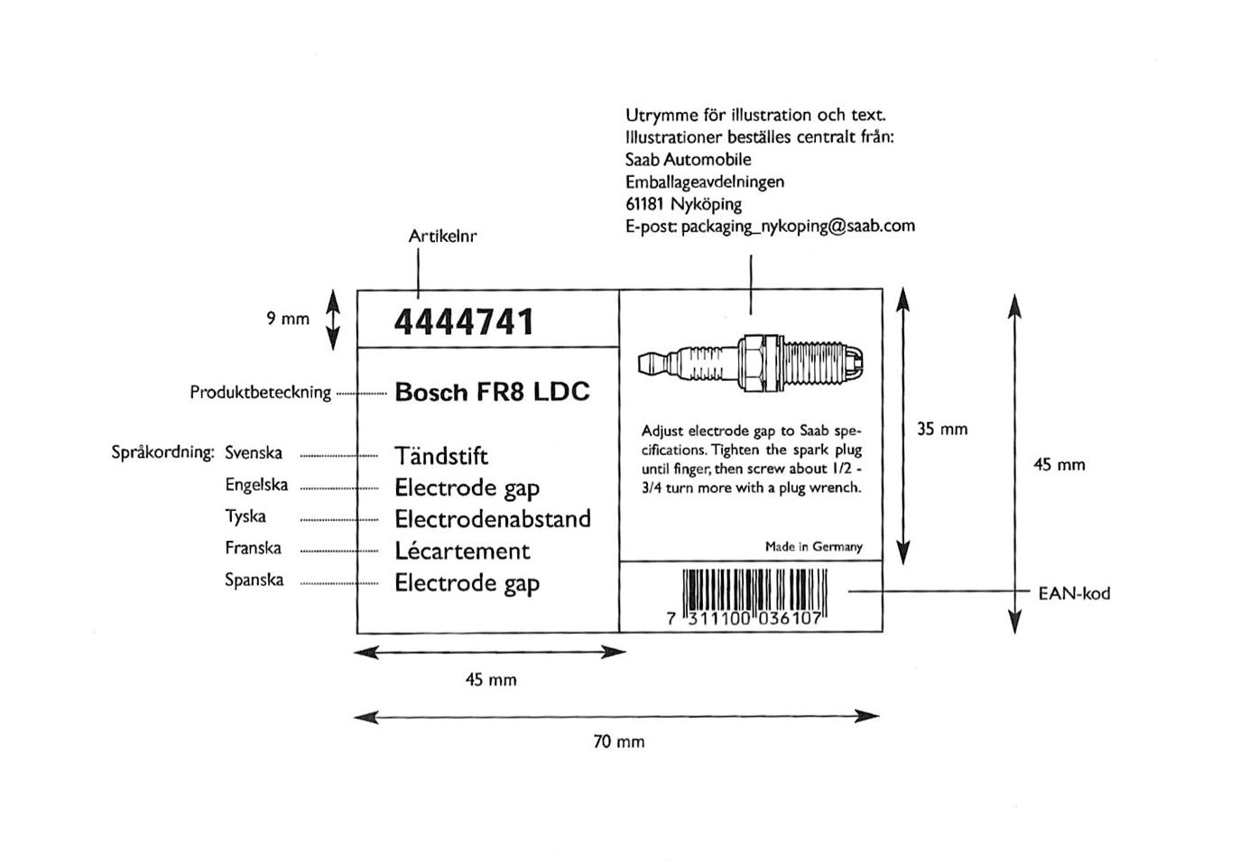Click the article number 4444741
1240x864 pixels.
pyautogui.click(x=464, y=322)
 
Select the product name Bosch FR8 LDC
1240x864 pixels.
pyautogui.click(x=492, y=392)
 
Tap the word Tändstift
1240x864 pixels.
pyautogui.click(x=441, y=456)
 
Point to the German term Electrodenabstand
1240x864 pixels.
pyautogui.click(x=493, y=519)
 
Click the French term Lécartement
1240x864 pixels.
pyautogui.click(x=462, y=551)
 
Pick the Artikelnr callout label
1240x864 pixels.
pyautogui.click(x=442, y=237)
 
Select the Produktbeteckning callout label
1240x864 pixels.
pyautogui.click(x=260, y=393)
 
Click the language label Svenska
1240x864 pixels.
pyautogui.click(x=254, y=453)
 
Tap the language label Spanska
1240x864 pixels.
pyautogui.click(x=254, y=580)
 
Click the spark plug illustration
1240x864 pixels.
pyautogui.click(x=750, y=364)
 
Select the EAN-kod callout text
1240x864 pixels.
pyautogui.click(x=1074, y=594)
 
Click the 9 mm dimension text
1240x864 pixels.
pyautogui.click(x=288, y=319)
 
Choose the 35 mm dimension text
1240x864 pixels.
pyautogui.click(x=942, y=430)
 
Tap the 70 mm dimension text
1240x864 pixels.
pyautogui.click(x=619, y=742)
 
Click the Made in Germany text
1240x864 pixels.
pyautogui.click(x=813, y=547)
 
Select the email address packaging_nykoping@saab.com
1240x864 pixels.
pyautogui.click(x=798, y=226)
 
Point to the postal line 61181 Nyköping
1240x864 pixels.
pyautogui.click(x=683, y=204)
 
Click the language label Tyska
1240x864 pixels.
pyautogui.click(x=245, y=516)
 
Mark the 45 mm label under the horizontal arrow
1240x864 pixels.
pyautogui.click(x=491, y=680)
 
